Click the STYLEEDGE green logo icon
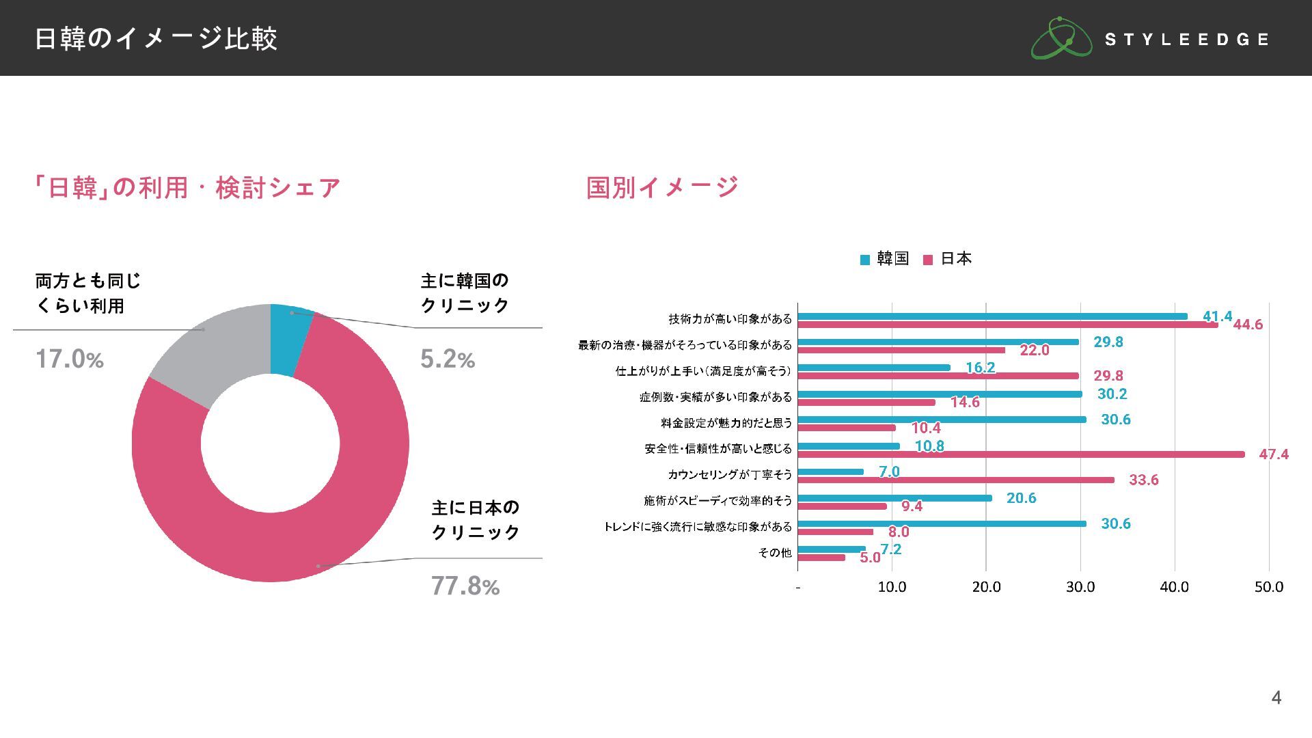coord(1061,38)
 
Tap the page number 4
coord(1276,697)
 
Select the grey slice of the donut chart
coord(205,355)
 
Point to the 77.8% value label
coord(465,586)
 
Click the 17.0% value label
coord(69,359)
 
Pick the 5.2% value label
coord(447,359)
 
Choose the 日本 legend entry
coord(948,259)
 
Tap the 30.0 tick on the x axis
coord(1080,587)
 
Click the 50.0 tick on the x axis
coord(1269,587)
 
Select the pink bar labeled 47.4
coord(1021,454)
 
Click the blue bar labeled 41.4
coord(992,316)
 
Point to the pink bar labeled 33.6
coord(956,480)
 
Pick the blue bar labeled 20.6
coord(894,498)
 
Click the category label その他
coord(775,553)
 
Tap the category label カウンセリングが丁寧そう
coord(729,475)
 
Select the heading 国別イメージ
coord(662,187)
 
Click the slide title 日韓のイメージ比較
coord(156,38)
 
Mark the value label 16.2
coord(980,368)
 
